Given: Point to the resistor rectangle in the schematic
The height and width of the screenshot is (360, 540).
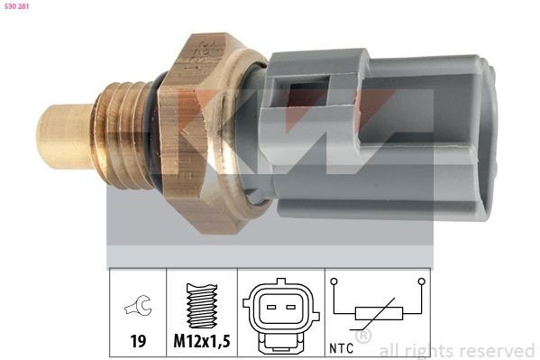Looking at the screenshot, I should [375, 314].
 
